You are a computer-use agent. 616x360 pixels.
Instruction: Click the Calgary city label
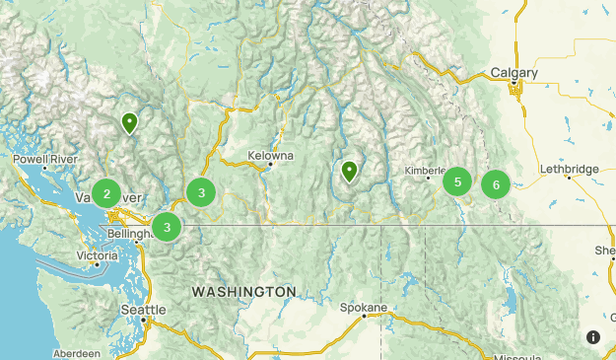coord(513,73)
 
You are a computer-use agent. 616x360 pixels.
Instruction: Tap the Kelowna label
coord(270,156)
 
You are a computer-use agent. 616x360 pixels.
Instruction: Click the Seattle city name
coord(143,309)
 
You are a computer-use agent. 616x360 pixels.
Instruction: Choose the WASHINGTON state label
coord(243,292)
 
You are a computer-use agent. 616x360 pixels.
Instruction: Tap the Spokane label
coord(364,307)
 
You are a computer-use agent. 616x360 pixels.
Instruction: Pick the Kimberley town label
coord(425,171)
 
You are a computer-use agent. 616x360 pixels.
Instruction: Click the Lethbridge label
coord(569,170)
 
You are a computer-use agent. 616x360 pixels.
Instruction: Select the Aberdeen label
coord(77,353)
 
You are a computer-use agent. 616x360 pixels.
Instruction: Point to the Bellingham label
coord(130,234)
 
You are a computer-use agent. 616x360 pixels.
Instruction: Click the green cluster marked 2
coord(106,192)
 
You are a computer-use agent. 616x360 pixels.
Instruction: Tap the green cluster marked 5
coord(457,181)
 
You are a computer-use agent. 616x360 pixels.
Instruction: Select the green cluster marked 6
coord(496,183)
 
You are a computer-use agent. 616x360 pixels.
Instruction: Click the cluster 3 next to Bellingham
coord(167,228)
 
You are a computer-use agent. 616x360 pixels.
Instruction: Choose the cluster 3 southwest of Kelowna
coord(201,192)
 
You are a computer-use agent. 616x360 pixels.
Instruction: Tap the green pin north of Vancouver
coord(129,123)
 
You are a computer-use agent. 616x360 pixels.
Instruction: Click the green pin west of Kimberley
coord(349,173)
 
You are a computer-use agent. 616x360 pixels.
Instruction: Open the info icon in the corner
coord(593,337)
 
